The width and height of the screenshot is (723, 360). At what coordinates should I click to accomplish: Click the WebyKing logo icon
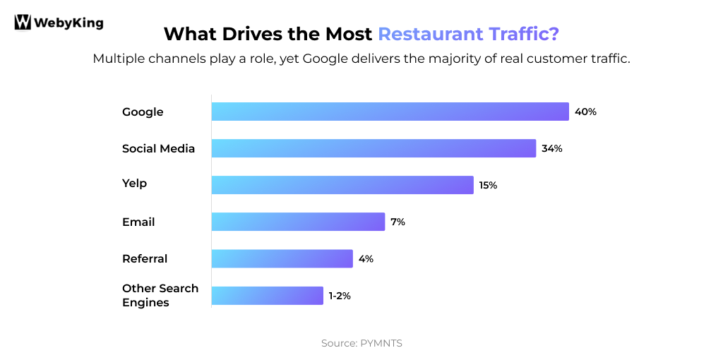point(23,23)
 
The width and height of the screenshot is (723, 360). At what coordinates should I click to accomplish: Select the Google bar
point(390,112)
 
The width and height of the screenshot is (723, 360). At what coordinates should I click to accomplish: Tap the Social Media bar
point(374,148)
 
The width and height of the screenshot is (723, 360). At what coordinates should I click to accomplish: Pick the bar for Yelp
point(342,185)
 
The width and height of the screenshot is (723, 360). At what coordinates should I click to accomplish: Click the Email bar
point(298,222)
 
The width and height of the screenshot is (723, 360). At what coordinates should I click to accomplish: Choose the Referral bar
point(282,258)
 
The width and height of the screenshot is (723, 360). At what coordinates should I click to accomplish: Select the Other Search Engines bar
point(267,296)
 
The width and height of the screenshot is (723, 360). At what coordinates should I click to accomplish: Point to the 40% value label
point(585,112)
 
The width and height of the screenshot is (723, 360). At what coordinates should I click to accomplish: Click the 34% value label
point(551,148)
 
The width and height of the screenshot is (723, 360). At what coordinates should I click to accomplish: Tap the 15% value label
point(488,185)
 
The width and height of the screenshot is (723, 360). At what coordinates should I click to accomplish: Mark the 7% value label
point(398,222)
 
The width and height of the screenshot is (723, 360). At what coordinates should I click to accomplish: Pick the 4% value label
point(366,258)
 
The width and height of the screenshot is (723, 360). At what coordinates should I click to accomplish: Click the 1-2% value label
point(339,296)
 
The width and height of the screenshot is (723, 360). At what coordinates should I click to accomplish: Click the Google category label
point(143,112)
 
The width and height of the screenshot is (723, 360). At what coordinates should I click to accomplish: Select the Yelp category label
point(134,184)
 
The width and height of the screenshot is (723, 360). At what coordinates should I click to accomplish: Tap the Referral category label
point(145,258)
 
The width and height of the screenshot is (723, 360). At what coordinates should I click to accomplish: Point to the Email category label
point(138,222)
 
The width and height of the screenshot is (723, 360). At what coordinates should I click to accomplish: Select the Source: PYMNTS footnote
point(361,343)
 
